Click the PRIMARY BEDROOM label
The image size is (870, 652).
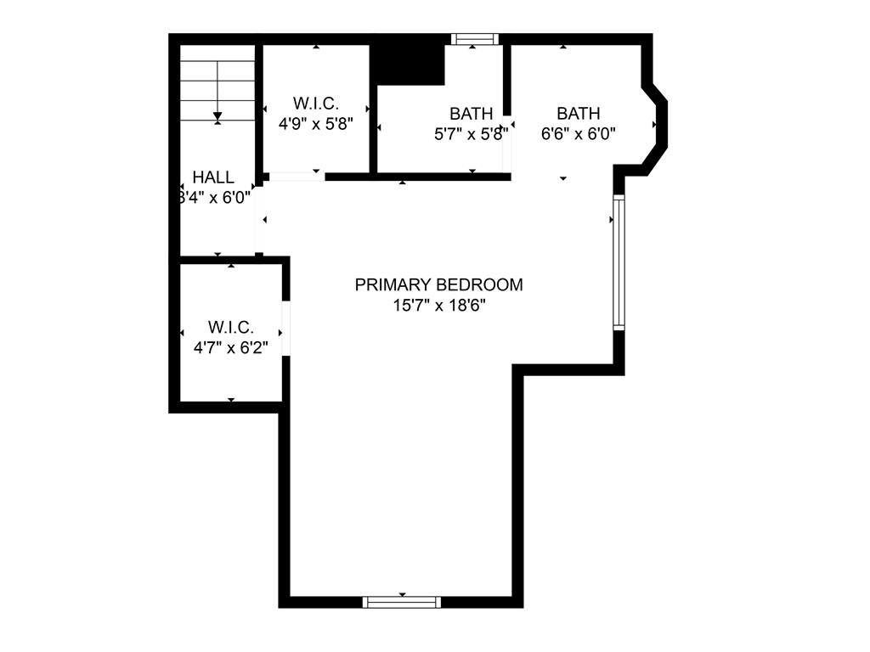438,285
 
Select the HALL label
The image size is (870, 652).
212,177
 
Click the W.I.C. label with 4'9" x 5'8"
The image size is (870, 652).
316,104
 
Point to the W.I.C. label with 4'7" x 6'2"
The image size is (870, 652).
231,327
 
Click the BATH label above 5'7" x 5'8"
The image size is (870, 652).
471,113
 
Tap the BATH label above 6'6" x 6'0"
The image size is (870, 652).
578,113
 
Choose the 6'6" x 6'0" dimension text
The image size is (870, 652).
578,133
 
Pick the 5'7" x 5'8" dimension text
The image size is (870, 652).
471,133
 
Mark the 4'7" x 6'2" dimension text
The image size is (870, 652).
231,346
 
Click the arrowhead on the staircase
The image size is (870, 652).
217,115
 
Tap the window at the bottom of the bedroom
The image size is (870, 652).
402,602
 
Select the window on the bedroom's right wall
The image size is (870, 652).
619,262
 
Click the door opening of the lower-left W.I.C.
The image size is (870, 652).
285,328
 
